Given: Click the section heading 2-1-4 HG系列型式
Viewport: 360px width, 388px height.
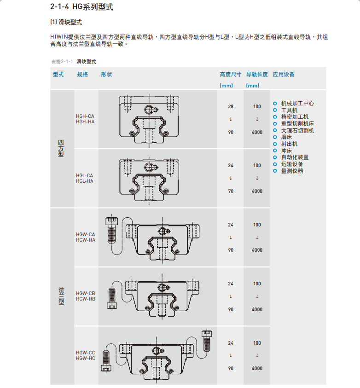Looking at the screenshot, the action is click(81, 7).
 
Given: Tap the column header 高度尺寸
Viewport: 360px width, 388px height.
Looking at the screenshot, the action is click(230, 75).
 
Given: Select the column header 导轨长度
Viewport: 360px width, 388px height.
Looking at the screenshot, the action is click(257, 75).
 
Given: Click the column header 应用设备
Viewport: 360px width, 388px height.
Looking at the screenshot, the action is click(284, 75).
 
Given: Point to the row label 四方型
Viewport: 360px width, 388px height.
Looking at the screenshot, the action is click(61, 148).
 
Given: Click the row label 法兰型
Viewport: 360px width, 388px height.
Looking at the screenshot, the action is click(61, 296).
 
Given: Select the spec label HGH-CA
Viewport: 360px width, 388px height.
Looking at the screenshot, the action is click(85, 116).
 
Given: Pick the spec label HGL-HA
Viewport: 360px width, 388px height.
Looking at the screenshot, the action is click(85, 181).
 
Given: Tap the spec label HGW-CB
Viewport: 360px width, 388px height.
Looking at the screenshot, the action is click(85, 293).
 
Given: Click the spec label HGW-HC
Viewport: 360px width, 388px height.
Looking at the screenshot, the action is click(85, 358).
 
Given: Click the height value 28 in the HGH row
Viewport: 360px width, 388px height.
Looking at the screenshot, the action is click(231, 107).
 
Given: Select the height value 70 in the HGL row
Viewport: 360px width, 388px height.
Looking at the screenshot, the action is click(231, 191).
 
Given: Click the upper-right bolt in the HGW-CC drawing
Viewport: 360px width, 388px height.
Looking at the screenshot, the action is click(207, 341).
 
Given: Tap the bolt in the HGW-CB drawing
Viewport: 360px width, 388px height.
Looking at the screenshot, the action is click(112, 298).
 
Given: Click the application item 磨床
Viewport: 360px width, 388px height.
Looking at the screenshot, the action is click(286, 137).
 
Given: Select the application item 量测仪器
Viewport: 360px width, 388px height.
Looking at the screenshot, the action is click(292, 171).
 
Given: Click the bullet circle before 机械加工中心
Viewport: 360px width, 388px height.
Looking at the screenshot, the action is click(275, 104).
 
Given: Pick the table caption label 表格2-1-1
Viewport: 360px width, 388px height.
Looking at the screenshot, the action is click(62, 62).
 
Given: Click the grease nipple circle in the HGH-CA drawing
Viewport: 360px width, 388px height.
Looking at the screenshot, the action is click(149, 109).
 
